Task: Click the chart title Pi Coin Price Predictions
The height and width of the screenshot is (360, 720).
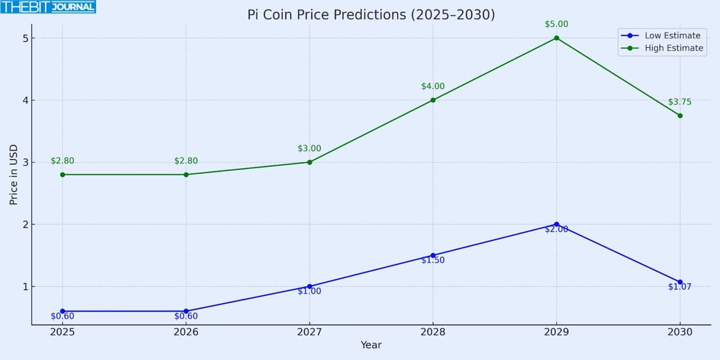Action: coord(371,15)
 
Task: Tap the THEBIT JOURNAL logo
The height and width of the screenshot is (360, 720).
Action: coord(48,7)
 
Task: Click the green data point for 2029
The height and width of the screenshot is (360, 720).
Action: coord(556,38)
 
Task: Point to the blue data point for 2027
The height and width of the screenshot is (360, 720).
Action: coord(309,286)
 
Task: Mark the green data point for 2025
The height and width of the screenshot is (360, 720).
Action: coord(62,174)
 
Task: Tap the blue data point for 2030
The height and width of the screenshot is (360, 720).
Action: coord(680,282)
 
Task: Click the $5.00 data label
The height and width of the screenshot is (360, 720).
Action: coord(556,24)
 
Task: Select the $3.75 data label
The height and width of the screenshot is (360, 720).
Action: coord(679,102)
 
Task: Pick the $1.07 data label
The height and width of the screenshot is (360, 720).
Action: coord(679,287)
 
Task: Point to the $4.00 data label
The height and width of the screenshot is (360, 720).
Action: coord(433,87)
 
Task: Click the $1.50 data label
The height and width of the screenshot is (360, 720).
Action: coord(433,260)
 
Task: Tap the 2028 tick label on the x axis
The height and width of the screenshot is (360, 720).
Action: coord(433,332)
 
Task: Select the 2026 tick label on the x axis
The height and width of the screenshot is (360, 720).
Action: coord(186,332)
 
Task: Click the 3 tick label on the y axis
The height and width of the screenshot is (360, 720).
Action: coord(25,163)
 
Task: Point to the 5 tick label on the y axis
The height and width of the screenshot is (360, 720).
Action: coord(25,38)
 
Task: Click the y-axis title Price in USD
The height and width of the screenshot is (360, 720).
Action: coord(13,174)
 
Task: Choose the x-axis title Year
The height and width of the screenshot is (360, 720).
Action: coord(371,345)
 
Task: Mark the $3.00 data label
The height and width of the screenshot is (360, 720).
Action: coord(309,148)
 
